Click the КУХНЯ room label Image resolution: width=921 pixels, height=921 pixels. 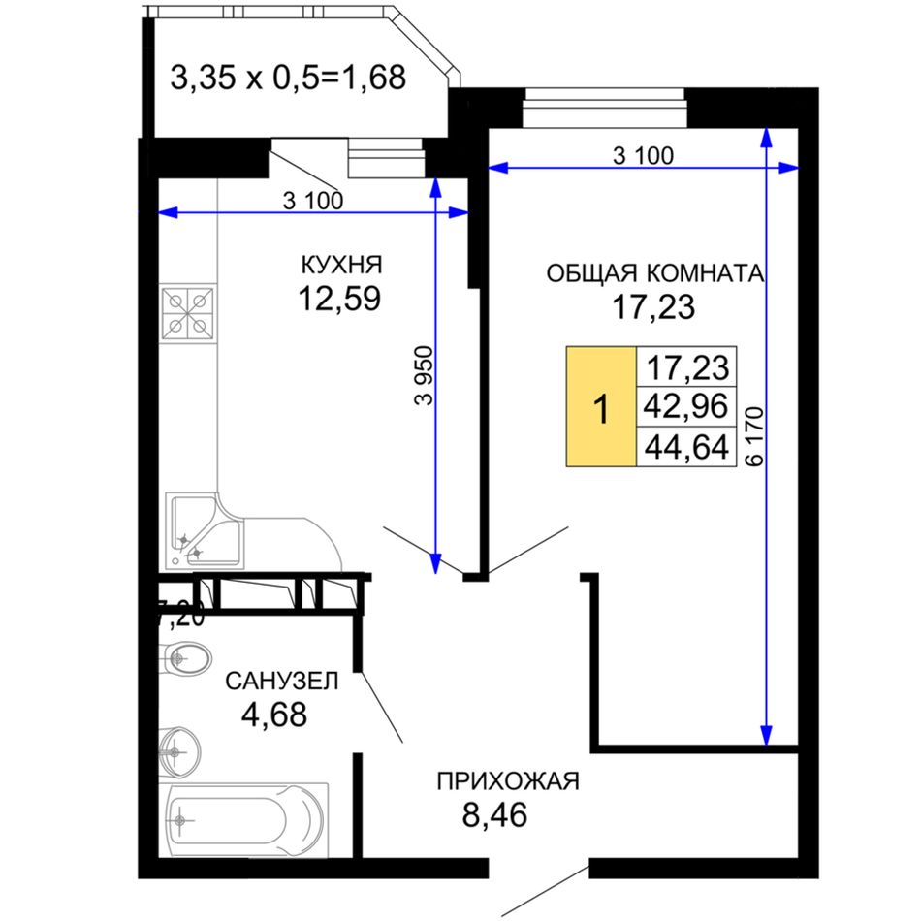[x=341, y=265]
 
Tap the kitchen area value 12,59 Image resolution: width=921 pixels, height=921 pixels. [x=339, y=299]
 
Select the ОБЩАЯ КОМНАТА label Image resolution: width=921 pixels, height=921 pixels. [x=655, y=273]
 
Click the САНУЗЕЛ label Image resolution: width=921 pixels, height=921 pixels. [x=282, y=682]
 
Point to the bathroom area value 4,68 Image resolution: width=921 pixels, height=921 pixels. [x=274, y=715]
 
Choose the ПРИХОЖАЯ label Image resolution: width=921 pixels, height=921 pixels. [x=508, y=781]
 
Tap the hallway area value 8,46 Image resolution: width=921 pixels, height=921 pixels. [x=494, y=814]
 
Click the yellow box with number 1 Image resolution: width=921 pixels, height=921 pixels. [x=601, y=406]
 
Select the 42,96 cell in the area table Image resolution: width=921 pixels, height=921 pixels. [x=686, y=406]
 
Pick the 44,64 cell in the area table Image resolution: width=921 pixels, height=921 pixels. [x=686, y=447]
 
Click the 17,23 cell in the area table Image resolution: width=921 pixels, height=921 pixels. [x=686, y=366]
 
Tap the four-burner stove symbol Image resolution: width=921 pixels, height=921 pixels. [x=188, y=314]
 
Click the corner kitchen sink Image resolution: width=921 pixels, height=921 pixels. [x=205, y=531]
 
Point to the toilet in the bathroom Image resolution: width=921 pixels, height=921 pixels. [x=184, y=658]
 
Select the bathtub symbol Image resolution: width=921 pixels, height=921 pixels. [x=245, y=820]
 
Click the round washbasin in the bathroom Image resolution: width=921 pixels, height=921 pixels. [x=179, y=751]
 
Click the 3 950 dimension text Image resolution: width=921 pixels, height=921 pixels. [x=424, y=375]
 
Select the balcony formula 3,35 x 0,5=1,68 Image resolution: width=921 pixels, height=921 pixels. [x=288, y=78]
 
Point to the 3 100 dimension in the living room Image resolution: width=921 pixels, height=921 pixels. [x=643, y=156]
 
